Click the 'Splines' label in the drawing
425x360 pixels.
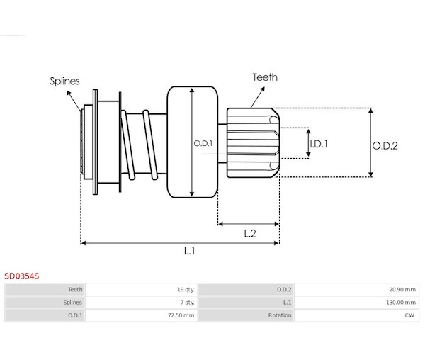(x=64, y=81)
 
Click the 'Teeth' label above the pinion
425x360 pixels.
(x=265, y=78)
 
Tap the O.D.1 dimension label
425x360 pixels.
(x=203, y=143)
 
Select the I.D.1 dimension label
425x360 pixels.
(x=320, y=143)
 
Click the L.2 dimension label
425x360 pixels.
(x=249, y=232)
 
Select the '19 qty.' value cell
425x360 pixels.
(x=186, y=289)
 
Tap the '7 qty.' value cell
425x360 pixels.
(x=188, y=302)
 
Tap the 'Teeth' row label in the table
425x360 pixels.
(x=75, y=289)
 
